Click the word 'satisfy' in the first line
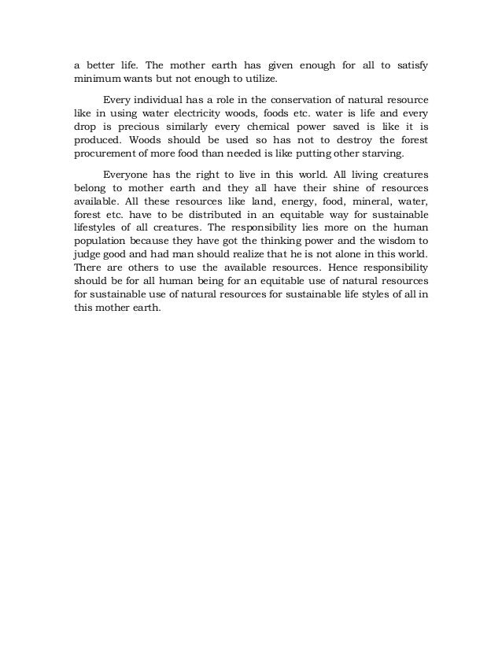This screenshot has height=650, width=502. coord(411,63)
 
